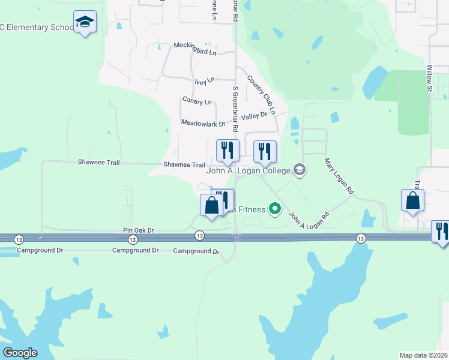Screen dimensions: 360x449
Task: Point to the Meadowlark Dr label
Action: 203,124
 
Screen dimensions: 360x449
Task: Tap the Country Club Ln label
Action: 261,94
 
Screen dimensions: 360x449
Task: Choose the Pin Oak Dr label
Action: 139,230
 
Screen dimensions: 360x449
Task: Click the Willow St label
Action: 430,79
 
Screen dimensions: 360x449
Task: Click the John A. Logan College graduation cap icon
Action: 300,171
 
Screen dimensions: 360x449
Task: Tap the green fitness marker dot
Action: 275,209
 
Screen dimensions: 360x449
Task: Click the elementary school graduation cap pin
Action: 85,22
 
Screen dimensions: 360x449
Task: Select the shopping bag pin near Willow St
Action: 412,201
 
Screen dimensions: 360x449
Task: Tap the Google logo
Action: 20,353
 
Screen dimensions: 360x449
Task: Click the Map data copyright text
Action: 424,355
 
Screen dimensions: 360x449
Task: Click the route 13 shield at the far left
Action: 20,238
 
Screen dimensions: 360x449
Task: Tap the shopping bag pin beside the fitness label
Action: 211,205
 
